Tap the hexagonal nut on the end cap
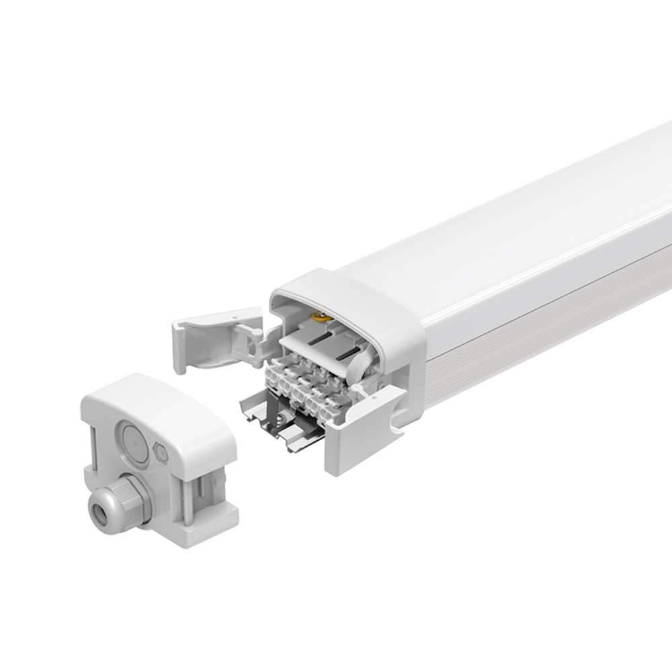[162, 454]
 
